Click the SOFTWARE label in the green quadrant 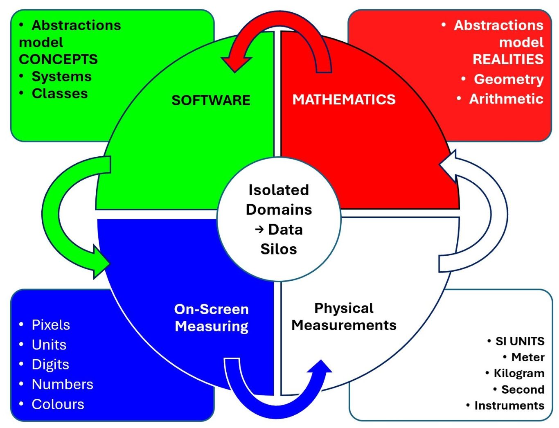coord(211,100)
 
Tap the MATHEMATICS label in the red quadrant coord(344,99)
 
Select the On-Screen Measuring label coord(212,318)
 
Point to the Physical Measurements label coord(344,316)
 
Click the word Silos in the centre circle coord(279,249)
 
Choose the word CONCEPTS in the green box coord(59,59)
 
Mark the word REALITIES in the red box coord(508,59)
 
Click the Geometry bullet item coord(509,79)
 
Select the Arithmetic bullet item coord(506,99)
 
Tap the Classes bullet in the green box coord(60,93)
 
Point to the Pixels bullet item coord(51,324)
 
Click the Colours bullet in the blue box coord(58,404)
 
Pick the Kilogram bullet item coord(519,373)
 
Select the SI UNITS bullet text coord(520,341)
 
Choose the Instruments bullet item coord(509,405)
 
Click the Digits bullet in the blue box coord(50,364)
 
